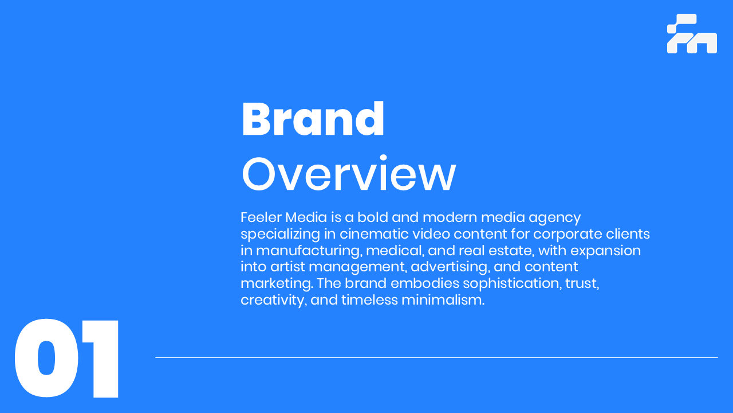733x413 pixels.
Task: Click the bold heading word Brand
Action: click(313, 119)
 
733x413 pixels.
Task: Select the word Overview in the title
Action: click(349, 173)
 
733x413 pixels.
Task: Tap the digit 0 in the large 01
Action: click(46, 358)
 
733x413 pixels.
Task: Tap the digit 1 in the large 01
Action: click(101, 359)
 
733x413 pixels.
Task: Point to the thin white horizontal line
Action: click(436, 357)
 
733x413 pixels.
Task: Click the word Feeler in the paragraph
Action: click(261, 217)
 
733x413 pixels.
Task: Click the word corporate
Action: click(568, 235)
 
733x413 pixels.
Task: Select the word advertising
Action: click(451, 267)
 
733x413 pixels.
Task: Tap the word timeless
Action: click(369, 300)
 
